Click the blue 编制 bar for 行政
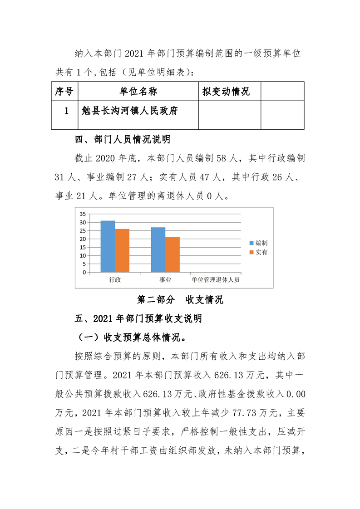click(108, 246)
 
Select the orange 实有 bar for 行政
click(122, 250)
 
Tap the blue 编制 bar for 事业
click(158, 250)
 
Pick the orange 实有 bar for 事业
click(173, 254)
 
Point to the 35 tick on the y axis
click(82, 214)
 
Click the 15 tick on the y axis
click(82, 247)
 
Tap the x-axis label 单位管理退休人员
click(215, 280)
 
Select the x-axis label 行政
click(115, 280)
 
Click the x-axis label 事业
click(165, 280)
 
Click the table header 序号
click(64, 91)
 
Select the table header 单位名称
click(138, 91)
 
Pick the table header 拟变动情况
click(226, 91)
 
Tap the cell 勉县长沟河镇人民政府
click(130, 111)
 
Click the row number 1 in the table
click(66, 111)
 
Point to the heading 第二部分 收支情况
click(180, 300)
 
